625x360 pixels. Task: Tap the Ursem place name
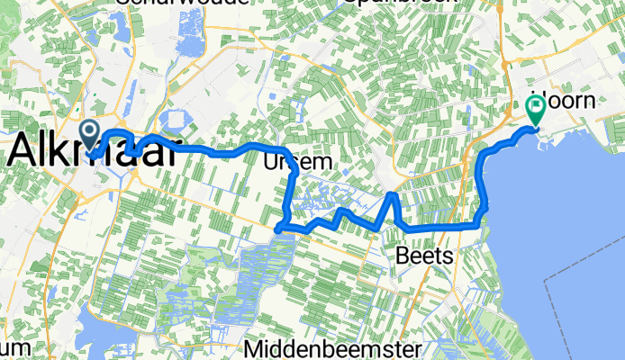(293, 161)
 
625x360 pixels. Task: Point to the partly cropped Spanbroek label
(387, 4)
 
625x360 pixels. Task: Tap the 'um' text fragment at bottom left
(16, 347)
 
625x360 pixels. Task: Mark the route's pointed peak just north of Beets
(393, 193)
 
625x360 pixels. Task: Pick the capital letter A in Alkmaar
(24, 151)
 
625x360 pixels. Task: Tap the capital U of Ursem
(271, 161)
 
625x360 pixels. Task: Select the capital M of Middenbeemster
(254, 348)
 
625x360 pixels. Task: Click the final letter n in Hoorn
(589, 101)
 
